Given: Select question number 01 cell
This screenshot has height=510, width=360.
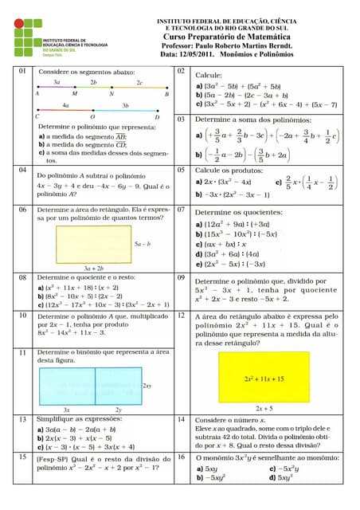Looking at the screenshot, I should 22,72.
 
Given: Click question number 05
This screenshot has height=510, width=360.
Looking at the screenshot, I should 181,170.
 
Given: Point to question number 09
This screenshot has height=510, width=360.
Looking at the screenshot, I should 181,278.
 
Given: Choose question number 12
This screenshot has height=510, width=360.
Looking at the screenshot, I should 181,316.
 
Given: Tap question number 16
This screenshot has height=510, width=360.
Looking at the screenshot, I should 181,459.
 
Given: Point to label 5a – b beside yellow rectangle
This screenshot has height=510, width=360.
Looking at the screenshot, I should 143,242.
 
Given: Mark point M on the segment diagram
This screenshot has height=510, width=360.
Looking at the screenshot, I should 74,92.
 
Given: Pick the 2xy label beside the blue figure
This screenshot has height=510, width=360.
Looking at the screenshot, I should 147,385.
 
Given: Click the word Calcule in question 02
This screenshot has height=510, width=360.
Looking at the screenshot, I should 209,73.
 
